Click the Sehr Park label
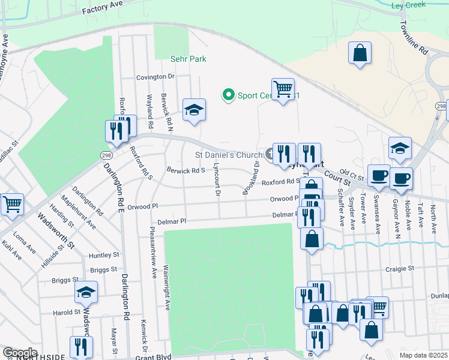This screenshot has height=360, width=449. (188, 59)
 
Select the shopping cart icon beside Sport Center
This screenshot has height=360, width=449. (283, 89)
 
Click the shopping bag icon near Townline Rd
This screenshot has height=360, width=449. (360, 53)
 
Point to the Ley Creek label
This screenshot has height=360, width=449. (408, 5)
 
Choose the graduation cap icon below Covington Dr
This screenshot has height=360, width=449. (194, 110)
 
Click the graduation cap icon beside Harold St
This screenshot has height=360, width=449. (86, 292)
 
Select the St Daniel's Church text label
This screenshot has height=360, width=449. (229, 155)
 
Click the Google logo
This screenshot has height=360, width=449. (20, 352)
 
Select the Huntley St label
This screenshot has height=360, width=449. (100, 255)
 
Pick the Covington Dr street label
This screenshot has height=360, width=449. (155, 77)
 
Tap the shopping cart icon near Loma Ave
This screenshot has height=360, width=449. (12, 205)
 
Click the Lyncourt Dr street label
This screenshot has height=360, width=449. (217, 183)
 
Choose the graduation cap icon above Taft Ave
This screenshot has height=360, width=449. (400, 148)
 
